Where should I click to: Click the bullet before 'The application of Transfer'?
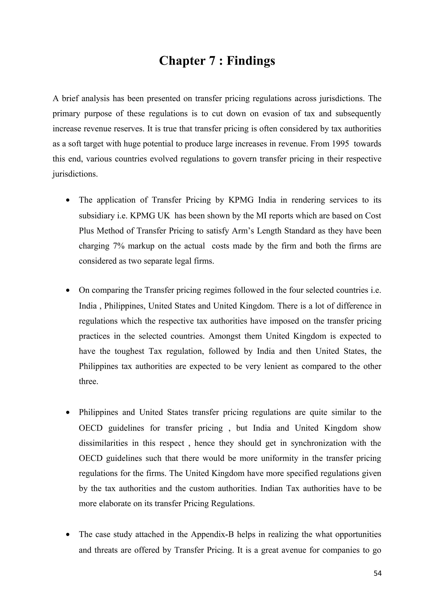click(69, 200)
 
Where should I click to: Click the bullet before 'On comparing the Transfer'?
click(69, 290)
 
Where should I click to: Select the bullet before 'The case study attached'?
click(69, 535)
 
